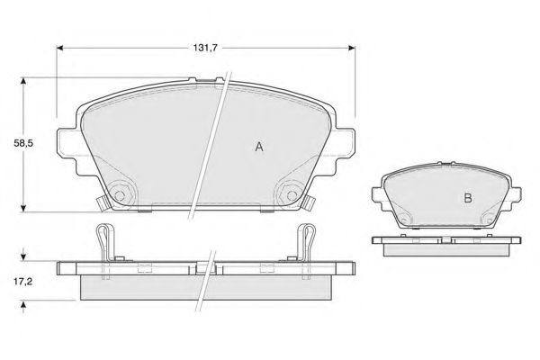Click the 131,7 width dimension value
204,49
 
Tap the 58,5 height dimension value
23,143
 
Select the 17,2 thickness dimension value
22,282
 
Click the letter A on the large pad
259,147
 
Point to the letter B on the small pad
468,198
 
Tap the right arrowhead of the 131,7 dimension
352,49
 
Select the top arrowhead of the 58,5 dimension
23,81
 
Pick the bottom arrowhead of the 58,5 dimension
23,208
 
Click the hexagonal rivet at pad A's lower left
120,195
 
